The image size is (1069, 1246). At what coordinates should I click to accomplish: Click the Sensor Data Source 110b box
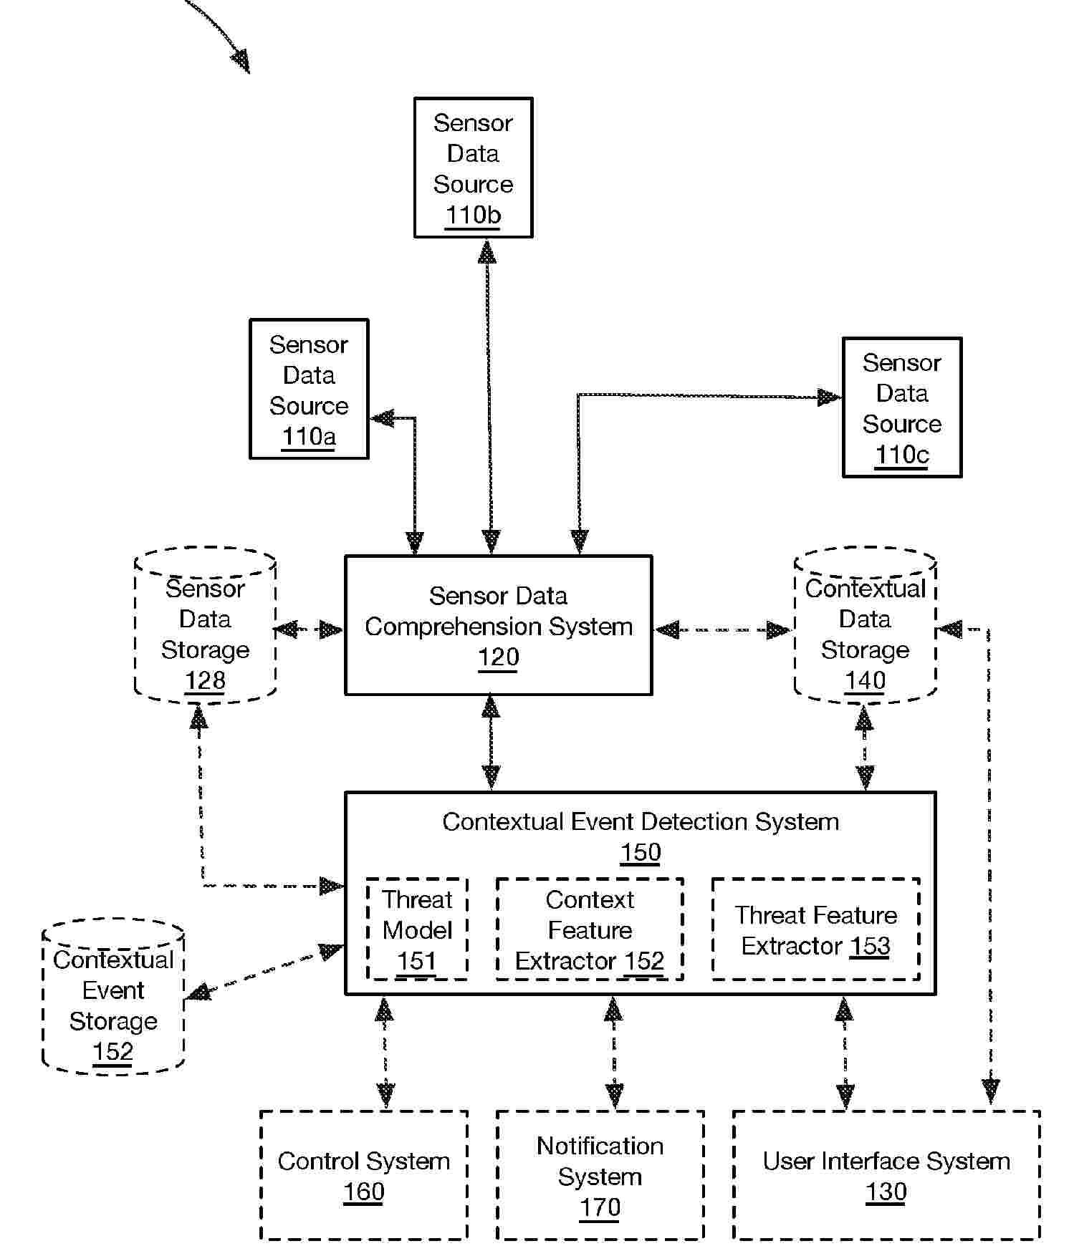[473, 168]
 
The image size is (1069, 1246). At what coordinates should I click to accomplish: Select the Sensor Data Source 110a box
[309, 389]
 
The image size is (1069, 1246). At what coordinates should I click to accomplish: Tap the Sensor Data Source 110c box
[901, 407]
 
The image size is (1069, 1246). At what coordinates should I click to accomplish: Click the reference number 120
[498, 657]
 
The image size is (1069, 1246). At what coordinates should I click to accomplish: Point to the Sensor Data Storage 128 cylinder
[206, 627]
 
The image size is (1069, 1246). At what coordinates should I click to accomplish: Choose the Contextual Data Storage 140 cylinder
[865, 627]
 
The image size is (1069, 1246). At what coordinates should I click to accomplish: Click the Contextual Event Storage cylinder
[113, 997]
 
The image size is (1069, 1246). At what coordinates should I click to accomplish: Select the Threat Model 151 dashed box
[417, 929]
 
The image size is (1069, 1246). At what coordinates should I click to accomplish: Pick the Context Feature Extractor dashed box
[590, 929]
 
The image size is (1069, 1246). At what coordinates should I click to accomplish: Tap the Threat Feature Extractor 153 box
[815, 929]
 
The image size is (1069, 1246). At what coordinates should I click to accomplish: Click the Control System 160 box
[363, 1175]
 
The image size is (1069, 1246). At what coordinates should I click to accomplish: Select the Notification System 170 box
[600, 1175]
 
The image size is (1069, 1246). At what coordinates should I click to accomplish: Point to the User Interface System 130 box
[886, 1175]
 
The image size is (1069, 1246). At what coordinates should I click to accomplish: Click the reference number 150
[641, 852]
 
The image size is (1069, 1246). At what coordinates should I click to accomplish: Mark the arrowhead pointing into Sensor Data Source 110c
[830, 397]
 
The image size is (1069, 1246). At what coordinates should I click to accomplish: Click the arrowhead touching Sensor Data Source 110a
[383, 418]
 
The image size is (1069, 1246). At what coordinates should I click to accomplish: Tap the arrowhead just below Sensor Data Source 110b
[487, 251]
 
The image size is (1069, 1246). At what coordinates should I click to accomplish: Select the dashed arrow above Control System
[385, 1053]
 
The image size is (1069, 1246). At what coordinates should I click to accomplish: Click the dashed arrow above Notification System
[614, 1053]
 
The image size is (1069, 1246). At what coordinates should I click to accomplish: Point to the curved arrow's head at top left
[241, 62]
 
